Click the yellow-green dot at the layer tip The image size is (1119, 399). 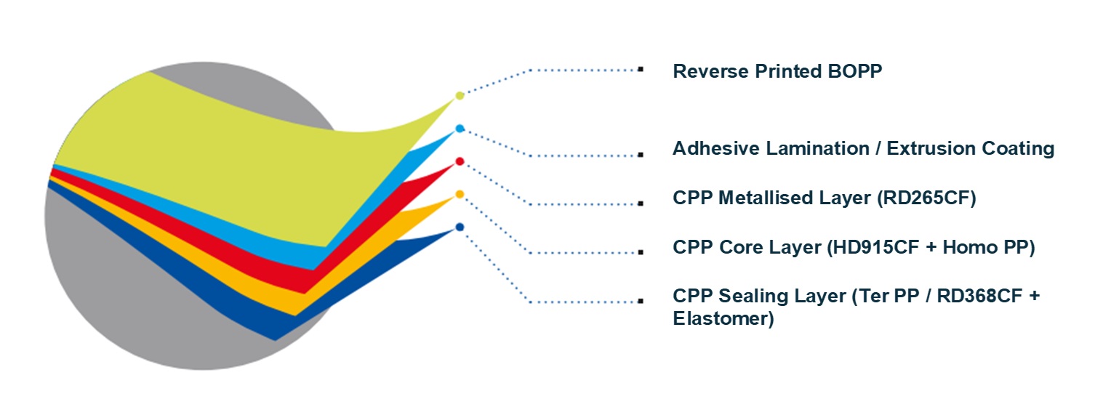(x=460, y=95)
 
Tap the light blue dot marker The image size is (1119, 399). (x=460, y=129)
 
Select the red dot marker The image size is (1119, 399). (x=460, y=161)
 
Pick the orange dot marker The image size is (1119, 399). (x=460, y=194)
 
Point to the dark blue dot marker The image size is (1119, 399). (x=460, y=227)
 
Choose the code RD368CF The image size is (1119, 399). (x=963, y=297)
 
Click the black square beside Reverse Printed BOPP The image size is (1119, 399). (x=641, y=70)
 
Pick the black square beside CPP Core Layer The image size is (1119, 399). (x=641, y=253)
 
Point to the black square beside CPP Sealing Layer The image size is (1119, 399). (x=641, y=301)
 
